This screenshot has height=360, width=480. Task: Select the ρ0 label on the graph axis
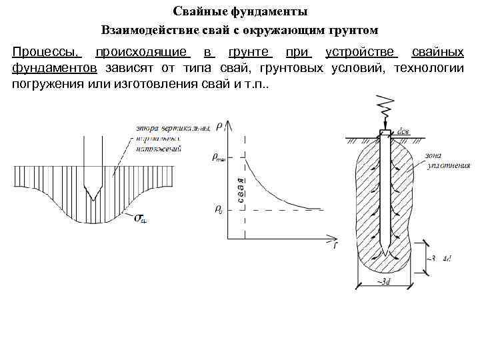coord(218,209)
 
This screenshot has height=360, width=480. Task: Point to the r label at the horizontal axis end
coord(334,245)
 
